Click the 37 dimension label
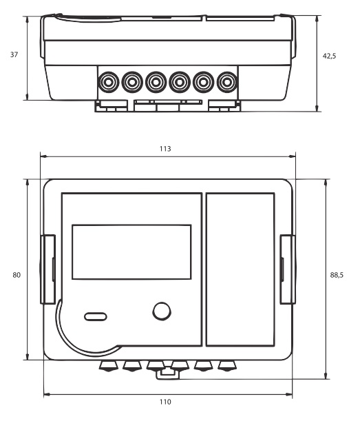(x=14, y=54)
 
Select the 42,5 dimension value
(x=329, y=56)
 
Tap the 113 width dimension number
(x=165, y=149)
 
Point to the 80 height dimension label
(x=17, y=275)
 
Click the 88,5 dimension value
(x=337, y=275)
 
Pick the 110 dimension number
(x=165, y=402)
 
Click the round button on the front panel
(x=162, y=311)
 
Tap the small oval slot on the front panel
(x=96, y=316)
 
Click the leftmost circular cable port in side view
(x=108, y=82)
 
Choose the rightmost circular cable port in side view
(x=227, y=82)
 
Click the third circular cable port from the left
(x=156, y=82)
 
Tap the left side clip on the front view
(x=47, y=269)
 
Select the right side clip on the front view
(x=288, y=269)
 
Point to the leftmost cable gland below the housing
(x=108, y=366)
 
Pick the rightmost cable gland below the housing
(x=227, y=366)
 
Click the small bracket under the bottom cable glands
(x=168, y=374)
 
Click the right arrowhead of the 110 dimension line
(x=289, y=395)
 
